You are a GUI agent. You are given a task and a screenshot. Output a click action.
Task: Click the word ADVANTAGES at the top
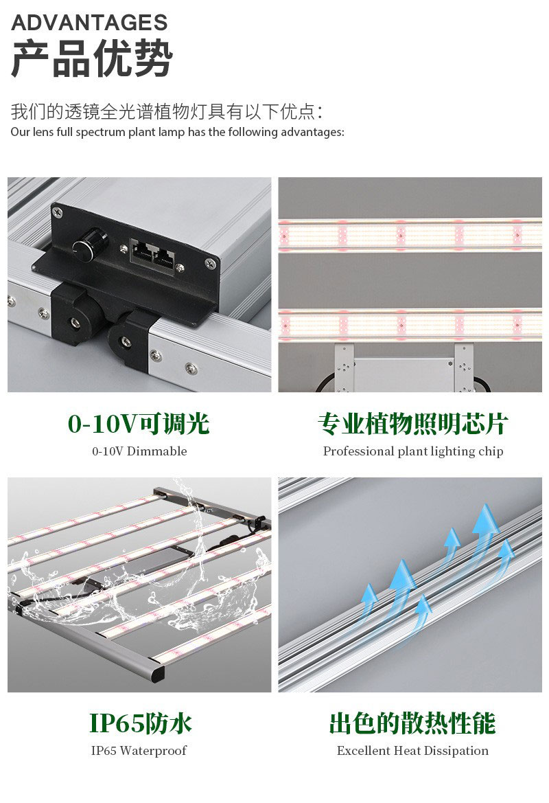pos(89,23)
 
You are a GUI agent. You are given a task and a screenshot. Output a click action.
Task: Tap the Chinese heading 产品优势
pos(92,59)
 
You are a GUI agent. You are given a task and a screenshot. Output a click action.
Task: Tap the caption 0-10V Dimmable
pos(139,451)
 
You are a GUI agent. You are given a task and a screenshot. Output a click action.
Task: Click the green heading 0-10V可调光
pos(139,424)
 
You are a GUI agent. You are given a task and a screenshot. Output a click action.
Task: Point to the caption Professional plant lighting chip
pos(413,451)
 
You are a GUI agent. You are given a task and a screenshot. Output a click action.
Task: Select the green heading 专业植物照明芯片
pos(413,424)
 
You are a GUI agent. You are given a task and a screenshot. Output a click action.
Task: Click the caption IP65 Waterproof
pos(139,751)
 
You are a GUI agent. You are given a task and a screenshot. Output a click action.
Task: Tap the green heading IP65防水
pos(141,723)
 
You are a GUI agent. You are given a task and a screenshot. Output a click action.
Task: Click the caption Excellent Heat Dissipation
pos(412,751)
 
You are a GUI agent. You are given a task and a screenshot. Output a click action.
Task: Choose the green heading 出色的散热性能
pos(412,723)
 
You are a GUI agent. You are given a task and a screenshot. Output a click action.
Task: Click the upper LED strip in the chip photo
pos(410,235)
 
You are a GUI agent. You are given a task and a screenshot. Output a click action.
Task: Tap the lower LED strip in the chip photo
pos(410,325)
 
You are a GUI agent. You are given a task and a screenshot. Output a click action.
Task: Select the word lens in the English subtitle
pos(43,132)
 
